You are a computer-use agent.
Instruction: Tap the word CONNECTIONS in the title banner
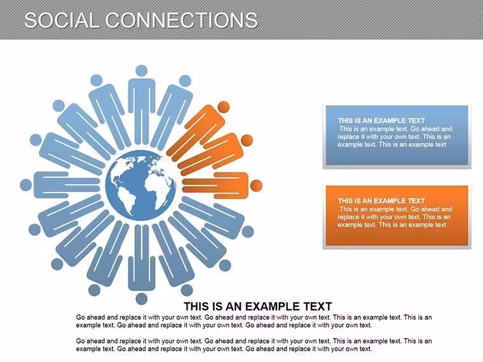pyautogui.click(x=182, y=20)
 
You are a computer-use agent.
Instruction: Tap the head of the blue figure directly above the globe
pyautogui.click(x=141, y=70)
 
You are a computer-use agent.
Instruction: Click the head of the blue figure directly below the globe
pyautogui.click(x=141, y=298)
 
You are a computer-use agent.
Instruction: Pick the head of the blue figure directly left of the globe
pyautogui.click(x=26, y=185)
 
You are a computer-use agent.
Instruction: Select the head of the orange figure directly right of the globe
pyautogui.click(x=256, y=185)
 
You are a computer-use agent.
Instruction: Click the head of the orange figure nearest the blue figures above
pyautogui.click(x=224, y=107)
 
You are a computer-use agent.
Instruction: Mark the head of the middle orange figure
pyautogui.click(x=247, y=140)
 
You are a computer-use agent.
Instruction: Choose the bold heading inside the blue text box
pyautogui.click(x=381, y=121)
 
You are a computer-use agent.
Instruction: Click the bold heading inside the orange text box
pyautogui.click(x=381, y=201)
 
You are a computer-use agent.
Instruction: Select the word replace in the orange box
pyautogui.click(x=348, y=217)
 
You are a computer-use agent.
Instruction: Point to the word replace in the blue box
pyautogui.click(x=348, y=137)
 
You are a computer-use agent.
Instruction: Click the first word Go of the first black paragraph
pyautogui.click(x=81, y=317)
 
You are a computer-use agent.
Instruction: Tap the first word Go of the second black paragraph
pyautogui.click(x=81, y=341)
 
